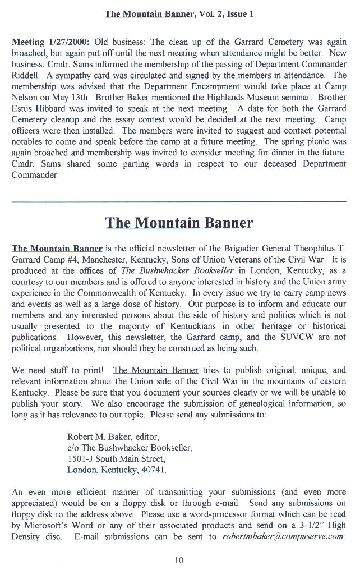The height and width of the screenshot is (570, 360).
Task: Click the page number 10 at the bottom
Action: click(x=179, y=559)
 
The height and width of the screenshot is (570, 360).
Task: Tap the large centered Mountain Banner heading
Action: click(x=179, y=223)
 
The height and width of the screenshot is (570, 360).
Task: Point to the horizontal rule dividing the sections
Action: click(x=179, y=201)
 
